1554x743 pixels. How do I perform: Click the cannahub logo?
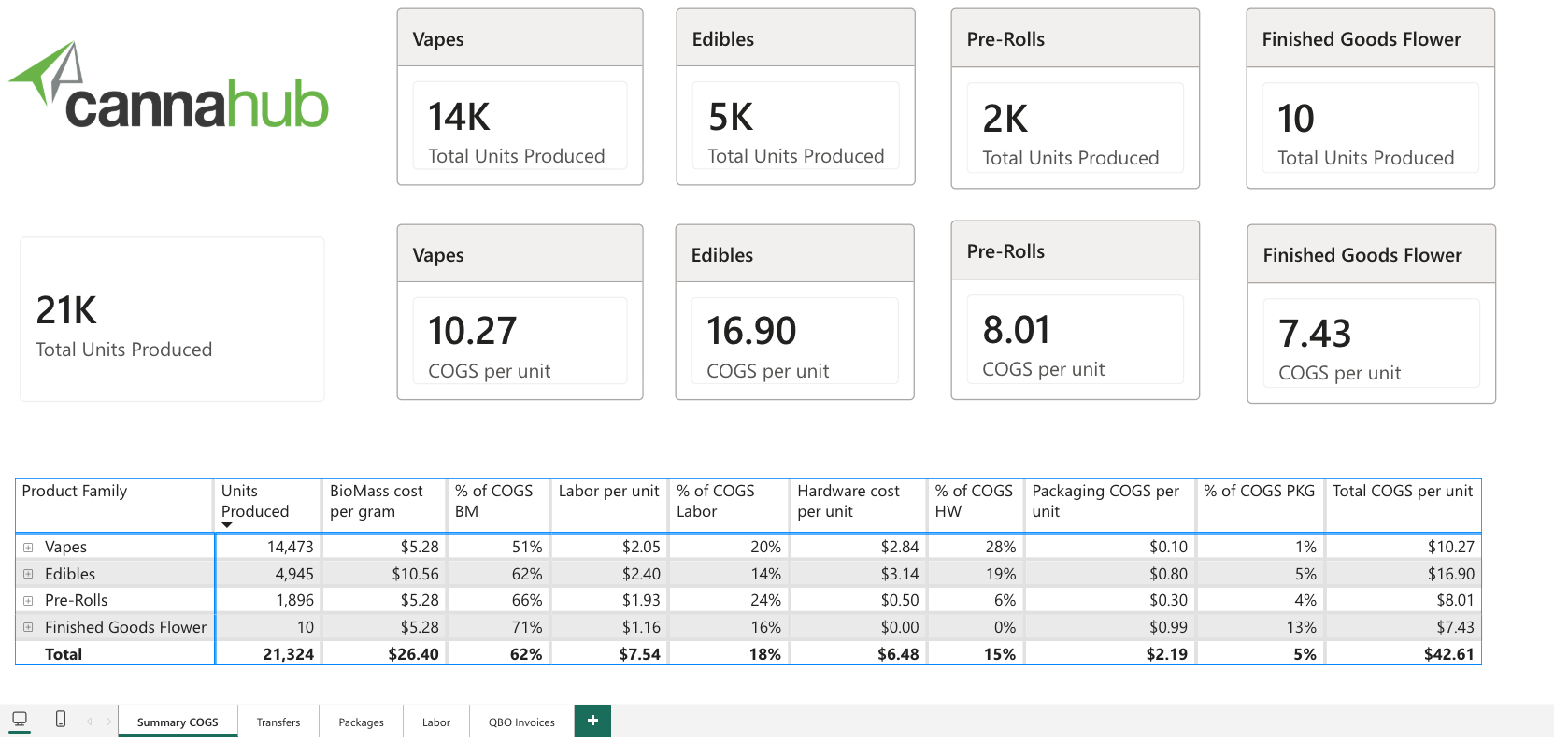pos(168,86)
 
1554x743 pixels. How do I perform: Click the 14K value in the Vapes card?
pos(459,117)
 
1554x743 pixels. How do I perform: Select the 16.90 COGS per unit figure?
pos(751,330)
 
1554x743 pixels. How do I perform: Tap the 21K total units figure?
pos(66,310)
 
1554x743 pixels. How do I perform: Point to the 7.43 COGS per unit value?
pos(1315,334)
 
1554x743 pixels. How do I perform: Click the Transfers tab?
pos(278,722)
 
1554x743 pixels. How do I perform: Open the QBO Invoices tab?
pos(521,722)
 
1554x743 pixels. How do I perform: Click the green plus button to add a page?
pos(592,721)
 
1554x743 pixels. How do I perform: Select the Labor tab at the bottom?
pos(436,722)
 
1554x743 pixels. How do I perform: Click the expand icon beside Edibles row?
pos(28,574)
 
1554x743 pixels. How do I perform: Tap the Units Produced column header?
pos(254,501)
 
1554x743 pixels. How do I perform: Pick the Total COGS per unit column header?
pos(1402,492)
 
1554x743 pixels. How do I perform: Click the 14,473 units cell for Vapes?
pos(290,547)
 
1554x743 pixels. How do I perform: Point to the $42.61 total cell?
pos(1448,654)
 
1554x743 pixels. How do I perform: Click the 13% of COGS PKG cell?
pos(1301,627)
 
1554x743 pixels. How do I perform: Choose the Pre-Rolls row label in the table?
pos(77,600)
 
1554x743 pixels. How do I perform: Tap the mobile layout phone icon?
pos(61,720)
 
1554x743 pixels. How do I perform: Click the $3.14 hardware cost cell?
pos(900,574)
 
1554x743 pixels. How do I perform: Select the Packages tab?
pos(361,722)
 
